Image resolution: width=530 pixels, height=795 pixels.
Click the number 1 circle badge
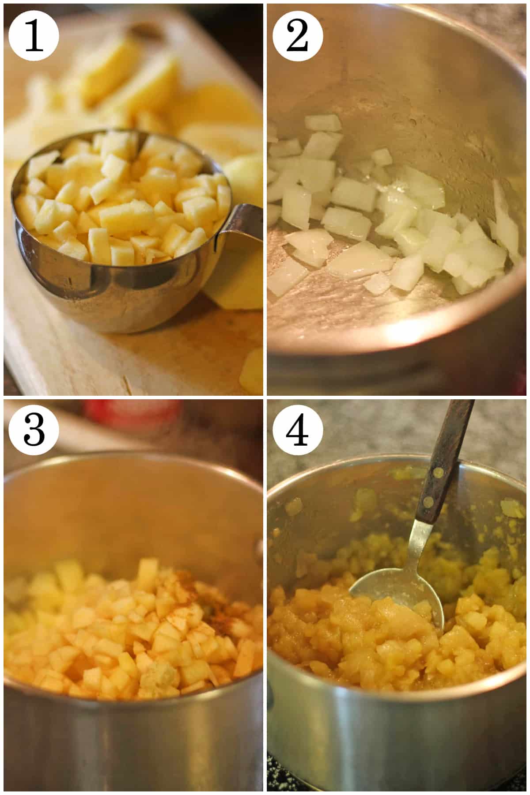coord(34,35)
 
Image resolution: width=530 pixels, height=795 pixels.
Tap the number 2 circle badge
coord(297,35)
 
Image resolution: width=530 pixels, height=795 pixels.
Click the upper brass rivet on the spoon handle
coord(439,473)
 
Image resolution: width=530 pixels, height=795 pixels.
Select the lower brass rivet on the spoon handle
coord(428,501)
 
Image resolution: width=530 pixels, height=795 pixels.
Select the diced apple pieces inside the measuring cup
coord(124,199)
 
